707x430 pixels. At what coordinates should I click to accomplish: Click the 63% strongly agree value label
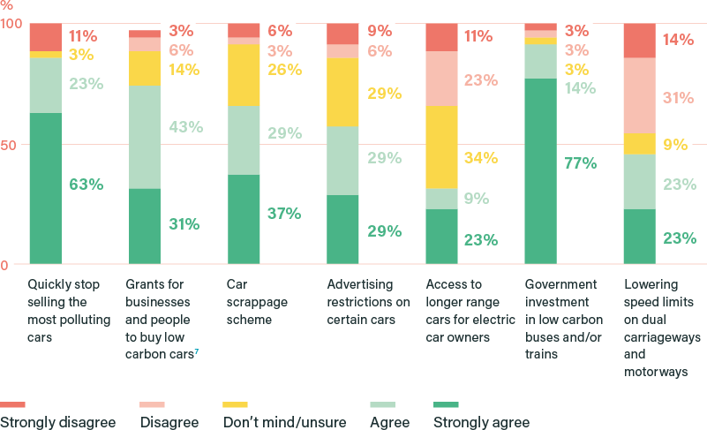[x=86, y=185]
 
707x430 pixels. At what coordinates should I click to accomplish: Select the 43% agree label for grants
[x=185, y=127]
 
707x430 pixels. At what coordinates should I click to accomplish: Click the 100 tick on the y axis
[x=11, y=24]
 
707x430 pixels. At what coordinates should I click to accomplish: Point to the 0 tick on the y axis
[x=4, y=265]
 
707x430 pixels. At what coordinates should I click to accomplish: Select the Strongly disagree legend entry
[x=57, y=422]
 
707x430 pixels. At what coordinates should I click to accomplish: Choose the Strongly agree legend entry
[x=481, y=422]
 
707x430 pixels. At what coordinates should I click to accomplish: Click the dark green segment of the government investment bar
[x=540, y=171]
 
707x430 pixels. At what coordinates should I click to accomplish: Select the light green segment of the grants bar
[x=145, y=138]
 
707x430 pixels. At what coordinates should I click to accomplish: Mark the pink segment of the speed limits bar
[x=639, y=95]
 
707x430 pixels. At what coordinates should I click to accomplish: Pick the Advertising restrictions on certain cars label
[x=368, y=293]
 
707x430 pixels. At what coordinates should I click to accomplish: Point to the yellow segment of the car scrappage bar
[x=244, y=75]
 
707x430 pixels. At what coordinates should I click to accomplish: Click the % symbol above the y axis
[x=7, y=5]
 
